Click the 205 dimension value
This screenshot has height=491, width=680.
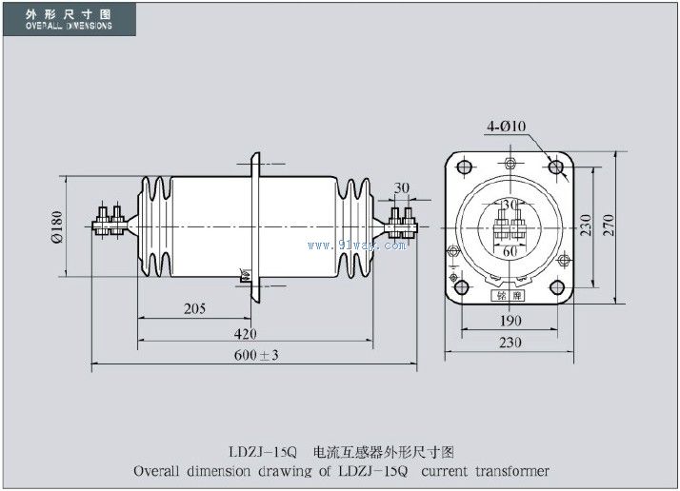point(194,309)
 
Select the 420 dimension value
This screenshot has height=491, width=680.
point(245,333)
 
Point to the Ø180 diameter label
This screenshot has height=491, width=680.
point(56,226)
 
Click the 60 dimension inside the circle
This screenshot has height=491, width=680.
point(510,251)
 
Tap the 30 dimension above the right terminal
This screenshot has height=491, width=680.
point(401,187)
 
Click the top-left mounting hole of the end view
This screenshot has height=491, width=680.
point(465,167)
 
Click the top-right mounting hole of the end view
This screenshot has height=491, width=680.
point(556,167)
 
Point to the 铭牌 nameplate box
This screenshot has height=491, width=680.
point(510,294)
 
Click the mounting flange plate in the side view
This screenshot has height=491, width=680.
point(254,225)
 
